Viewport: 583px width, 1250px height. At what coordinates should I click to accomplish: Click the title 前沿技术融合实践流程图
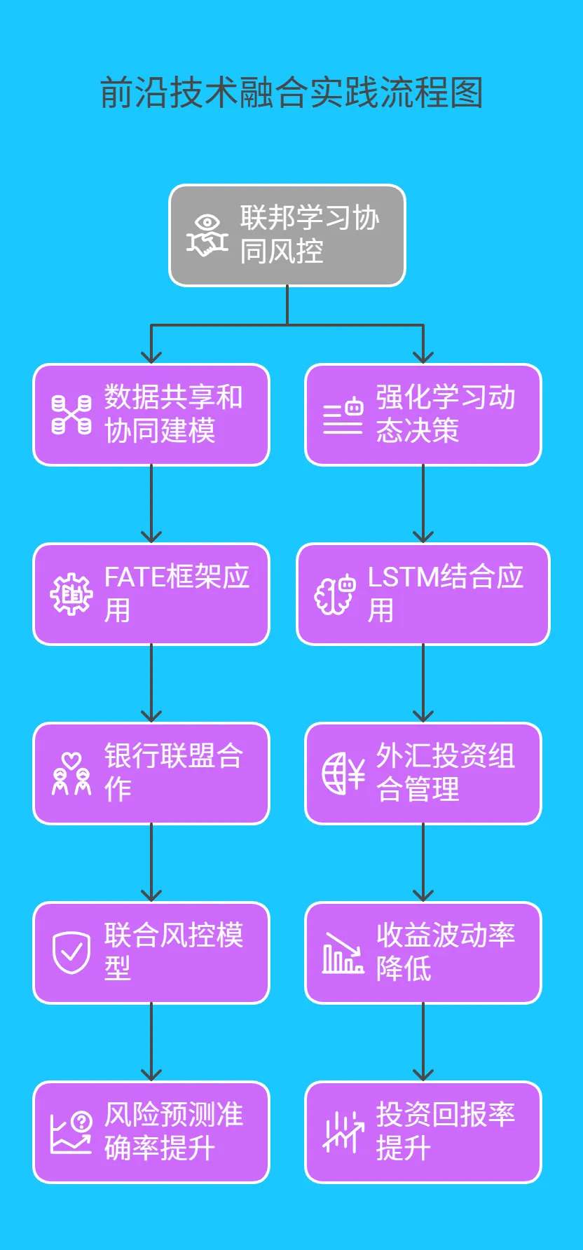[x=291, y=93]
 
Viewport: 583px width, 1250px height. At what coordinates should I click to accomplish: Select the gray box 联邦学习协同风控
[x=287, y=235]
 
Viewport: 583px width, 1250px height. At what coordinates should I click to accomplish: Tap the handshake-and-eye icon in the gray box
[x=207, y=236]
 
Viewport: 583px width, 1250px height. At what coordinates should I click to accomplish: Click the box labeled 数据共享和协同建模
[x=151, y=415]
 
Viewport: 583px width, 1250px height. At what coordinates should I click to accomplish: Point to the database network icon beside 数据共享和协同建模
[x=71, y=415]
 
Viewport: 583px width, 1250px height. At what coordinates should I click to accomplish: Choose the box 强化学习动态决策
[x=423, y=415]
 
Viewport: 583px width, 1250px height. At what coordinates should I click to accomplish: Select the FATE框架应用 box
[x=151, y=594]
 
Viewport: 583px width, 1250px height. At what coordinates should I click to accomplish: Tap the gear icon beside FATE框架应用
[x=71, y=594]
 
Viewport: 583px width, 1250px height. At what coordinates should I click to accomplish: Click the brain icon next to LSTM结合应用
[x=335, y=594]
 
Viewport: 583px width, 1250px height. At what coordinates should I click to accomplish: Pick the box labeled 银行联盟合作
[x=151, y=774]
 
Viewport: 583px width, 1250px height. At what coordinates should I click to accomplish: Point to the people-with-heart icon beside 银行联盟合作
[x=71, y=774]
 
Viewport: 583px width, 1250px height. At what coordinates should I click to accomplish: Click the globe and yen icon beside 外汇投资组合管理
[x=343, y=774]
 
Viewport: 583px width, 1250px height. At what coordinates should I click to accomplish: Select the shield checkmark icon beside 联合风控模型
[x=71, y=953]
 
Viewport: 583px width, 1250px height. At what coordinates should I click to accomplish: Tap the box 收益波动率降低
[x=423, y=953]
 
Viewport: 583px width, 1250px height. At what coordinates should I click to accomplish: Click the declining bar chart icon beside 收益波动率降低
[x=343, y=953]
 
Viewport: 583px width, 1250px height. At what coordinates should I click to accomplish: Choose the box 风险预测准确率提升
[x=151, y=1132]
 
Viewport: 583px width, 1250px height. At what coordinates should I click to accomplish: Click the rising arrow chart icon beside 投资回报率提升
[x=343, y=1132]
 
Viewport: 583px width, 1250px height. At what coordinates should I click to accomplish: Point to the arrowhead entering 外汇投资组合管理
[x=423, y=716]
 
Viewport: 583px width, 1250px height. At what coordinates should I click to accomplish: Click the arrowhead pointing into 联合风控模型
[x=151, y=895]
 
